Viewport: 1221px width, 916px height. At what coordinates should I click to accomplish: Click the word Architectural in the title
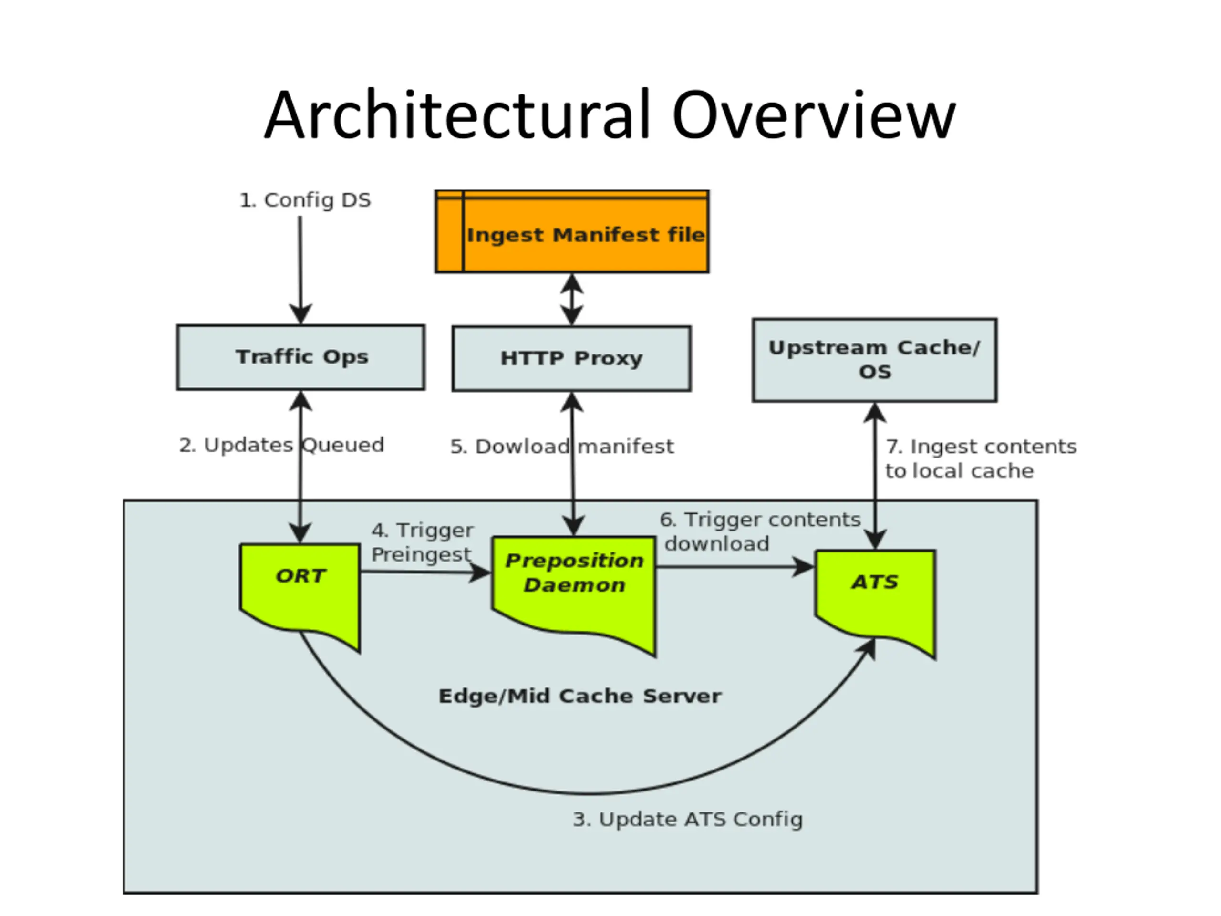[457, 115]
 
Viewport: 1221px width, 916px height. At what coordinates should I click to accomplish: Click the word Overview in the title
[814, 115]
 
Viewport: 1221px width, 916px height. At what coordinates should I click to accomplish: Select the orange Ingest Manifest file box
[572, 231]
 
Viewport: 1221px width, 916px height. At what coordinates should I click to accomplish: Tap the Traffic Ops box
[301, 357]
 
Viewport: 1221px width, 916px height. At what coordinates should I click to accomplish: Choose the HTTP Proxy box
[571, 358]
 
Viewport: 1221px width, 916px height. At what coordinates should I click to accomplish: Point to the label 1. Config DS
[305, 200]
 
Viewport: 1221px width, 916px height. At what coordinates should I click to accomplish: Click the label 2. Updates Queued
[281, 445]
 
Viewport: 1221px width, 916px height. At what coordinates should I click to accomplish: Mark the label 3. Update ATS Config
[688, 819]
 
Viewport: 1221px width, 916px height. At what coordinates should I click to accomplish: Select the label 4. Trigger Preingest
[422, 542]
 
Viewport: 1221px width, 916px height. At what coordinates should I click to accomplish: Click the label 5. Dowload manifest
[562, 446]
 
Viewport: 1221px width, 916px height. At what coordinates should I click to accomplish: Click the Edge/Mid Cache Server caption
[579, 696]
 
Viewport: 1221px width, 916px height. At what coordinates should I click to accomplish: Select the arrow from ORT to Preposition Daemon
[425, 572]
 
